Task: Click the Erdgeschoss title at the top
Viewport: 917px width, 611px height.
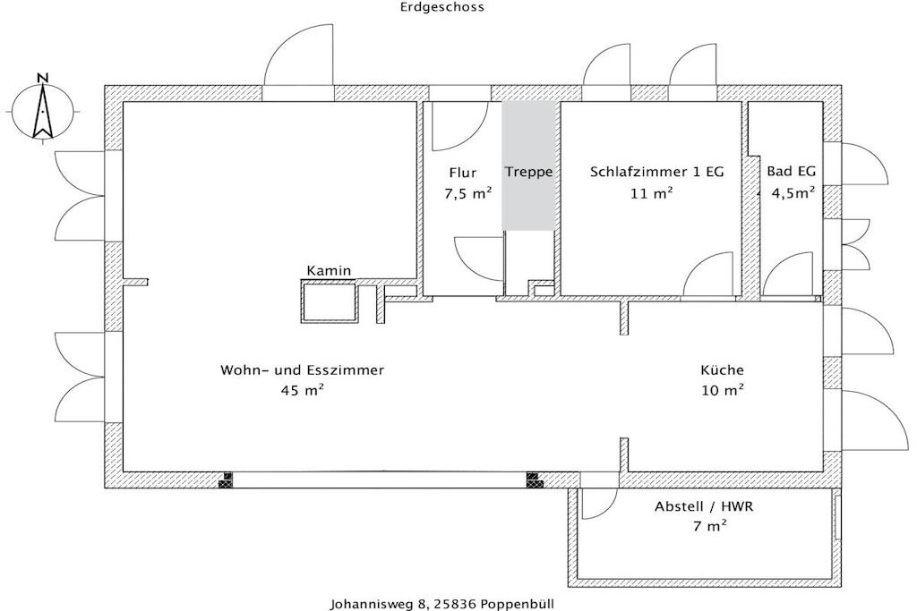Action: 442,7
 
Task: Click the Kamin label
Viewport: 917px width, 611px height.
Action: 330,270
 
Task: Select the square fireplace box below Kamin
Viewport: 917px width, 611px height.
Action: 330,301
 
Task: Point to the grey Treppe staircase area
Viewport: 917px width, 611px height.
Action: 528,165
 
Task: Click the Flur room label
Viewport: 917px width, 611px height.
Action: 463,173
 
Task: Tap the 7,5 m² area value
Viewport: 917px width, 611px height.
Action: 467,193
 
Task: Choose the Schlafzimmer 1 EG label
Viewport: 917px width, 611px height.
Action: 656,172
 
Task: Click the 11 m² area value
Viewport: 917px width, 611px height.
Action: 652,192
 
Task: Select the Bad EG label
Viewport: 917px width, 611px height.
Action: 792,171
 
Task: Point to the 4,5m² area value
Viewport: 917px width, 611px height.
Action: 793,192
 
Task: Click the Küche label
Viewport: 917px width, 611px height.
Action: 723,369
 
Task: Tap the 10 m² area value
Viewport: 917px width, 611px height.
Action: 723,390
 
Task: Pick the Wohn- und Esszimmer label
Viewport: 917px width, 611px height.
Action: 303,370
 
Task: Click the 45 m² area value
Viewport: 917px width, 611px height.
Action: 303,390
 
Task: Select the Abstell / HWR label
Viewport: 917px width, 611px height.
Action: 704,506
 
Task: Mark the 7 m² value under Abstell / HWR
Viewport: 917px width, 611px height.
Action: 710,526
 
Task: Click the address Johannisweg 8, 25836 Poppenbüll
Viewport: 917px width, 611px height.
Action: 442,604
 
